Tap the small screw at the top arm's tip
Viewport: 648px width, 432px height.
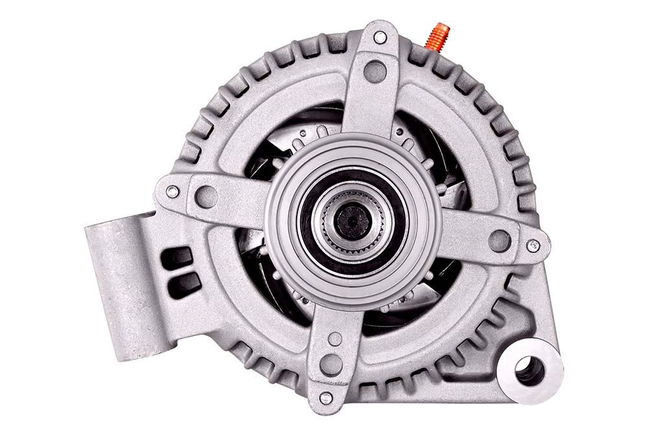pos(380,38)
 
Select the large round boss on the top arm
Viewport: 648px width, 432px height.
pos(375,71)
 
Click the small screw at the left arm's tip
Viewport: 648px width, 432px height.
pos(172,192)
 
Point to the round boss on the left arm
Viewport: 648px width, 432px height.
pos(206,197)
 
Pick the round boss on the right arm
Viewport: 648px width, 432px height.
pos(499,241)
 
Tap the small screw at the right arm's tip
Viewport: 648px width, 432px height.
pos(533,246)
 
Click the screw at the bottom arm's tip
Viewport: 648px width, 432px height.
pos(326,398)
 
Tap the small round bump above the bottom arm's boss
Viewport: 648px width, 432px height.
pos(334,339)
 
